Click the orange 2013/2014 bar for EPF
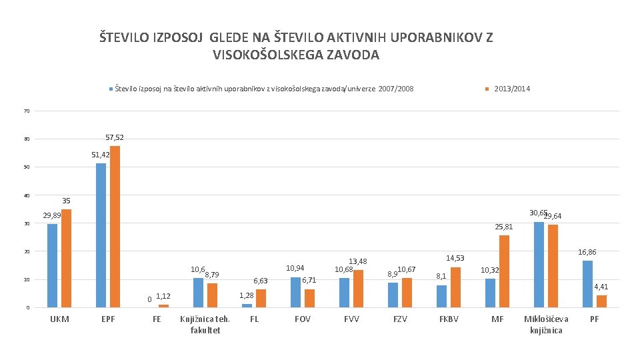[x=115, y=227]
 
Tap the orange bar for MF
[x=504, y=271]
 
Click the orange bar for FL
[x=261, y=298]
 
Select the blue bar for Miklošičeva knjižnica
[x=539, y=265]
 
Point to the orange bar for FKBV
[x=455, y=287]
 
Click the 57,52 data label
[x=115, y=137]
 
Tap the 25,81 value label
[x=504, y=227]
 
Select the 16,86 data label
[x=587, y=252]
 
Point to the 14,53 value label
[x=455, y=258]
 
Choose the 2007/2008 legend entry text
[x=264, y=89]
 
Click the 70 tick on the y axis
[x=27, y=111]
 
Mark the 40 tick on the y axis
[x=27, y=195]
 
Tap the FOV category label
[x=303, y=319]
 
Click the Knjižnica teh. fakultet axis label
[x=205, y=325]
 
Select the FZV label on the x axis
[x=400, y=319]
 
